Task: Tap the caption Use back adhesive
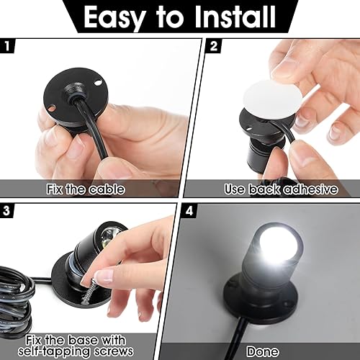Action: tap(271, 189)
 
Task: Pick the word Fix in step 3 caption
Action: tap(49, 338)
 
